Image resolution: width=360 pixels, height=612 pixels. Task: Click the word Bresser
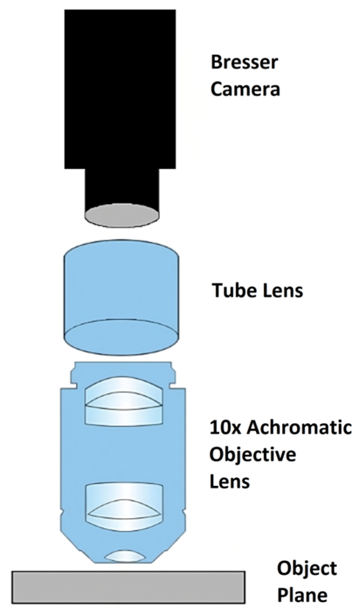244,62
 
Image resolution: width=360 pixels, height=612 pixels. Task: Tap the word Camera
245,89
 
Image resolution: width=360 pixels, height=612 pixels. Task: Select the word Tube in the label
230,290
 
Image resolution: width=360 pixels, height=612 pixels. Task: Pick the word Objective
253,454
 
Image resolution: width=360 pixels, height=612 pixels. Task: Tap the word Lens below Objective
230,481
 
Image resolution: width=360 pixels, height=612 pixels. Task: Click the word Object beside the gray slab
307,568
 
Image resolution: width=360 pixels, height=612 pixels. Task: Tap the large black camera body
120,88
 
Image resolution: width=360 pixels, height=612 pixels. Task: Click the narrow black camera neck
122,187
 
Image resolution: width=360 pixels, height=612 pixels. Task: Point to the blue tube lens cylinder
122,283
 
